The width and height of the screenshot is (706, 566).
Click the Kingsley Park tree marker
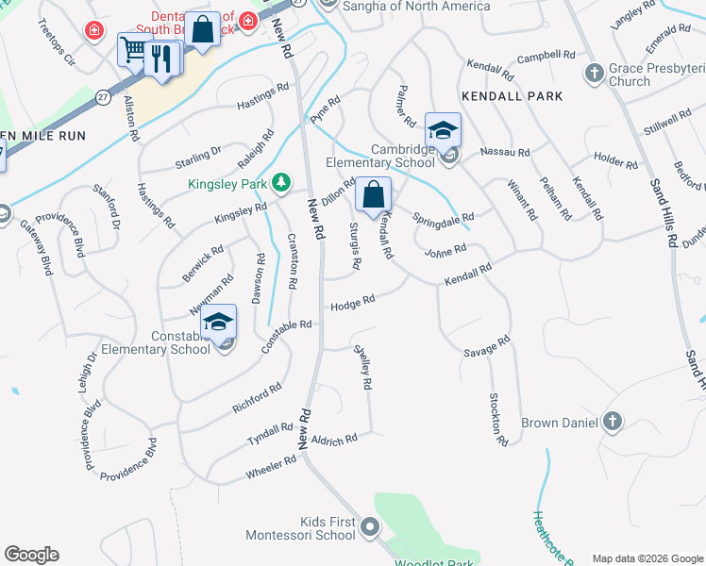click(280, 182)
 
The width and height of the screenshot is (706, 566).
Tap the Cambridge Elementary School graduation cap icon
click(442, 131)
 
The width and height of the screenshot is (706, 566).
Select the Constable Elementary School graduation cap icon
click(218, 324)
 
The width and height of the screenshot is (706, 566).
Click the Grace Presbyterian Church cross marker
click(595, 73)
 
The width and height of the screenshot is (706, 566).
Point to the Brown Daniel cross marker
click(612, 422)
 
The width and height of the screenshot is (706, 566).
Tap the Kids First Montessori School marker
click(370, 526)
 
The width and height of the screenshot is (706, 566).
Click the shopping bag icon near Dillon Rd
click(374, 195)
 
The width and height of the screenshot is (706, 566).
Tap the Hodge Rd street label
click(353, 302)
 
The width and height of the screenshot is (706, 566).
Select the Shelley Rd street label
click(362, 367)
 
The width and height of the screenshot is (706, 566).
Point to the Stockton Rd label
click(496, 419)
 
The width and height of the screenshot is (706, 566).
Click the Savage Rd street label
click(487, 346)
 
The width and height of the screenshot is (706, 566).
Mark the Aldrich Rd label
click(334, 440)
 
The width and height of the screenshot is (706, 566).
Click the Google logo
click(31, 555)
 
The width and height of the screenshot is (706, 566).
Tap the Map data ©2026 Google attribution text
click(647, 558)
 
